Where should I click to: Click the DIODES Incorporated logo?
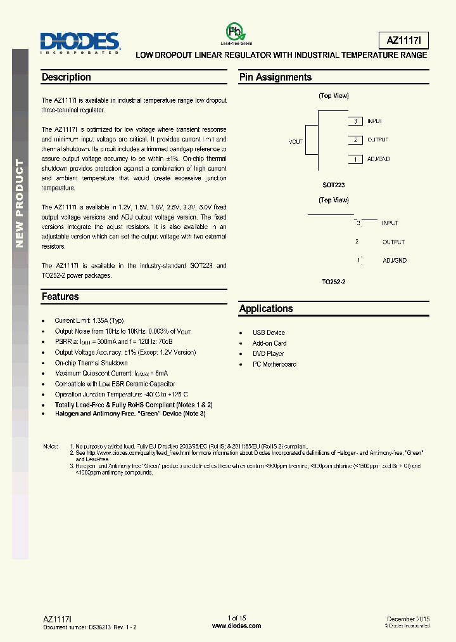tap(80, 43)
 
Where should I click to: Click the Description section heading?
tap(66, 77)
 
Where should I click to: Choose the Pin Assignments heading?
tap(275, 77)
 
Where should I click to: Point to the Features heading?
tap(60, 296)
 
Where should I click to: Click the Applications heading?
tap(266, 309)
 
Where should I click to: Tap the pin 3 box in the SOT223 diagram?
tap(356, 121)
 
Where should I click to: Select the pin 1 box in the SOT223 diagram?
tap(356, 159)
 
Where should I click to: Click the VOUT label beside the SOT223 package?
tap(296, 142)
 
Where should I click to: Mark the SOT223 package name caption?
tap(333, 185)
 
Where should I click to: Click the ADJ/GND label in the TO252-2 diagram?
tap(395, 260)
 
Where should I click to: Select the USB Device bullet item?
tap(269, 332)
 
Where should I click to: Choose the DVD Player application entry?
tap(269, 353)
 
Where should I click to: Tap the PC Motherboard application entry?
tap(274, 364)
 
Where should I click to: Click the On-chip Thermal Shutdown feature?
tap(91, 363)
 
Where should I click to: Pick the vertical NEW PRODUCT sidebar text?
tap(19, 203)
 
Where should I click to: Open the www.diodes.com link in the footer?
tap(236, 626)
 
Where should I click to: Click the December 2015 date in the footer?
tap(408, 619)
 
